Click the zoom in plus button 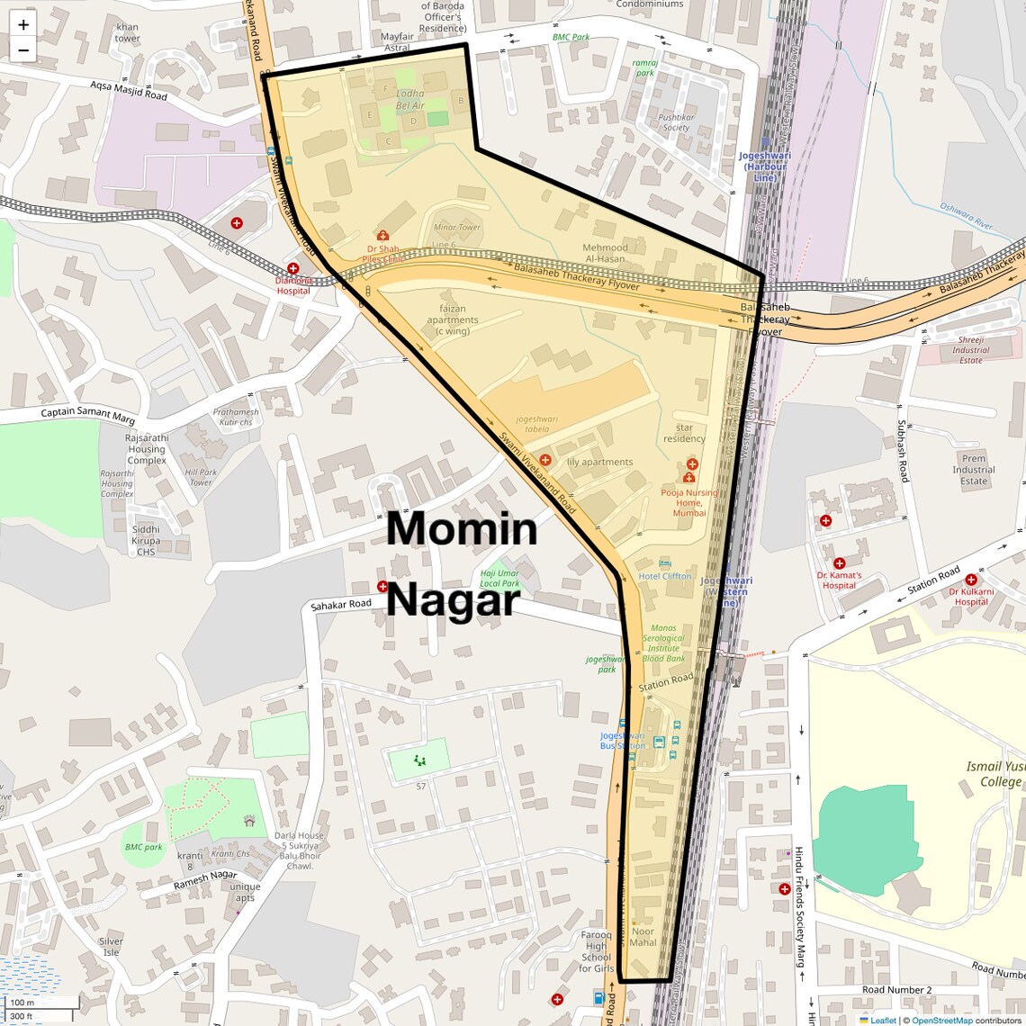(23, 25)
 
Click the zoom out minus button (23, 50)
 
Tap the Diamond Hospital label (293, 285)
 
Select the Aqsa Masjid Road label (128, 90)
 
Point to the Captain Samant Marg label (87, 416)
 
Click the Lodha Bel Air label (409, 99)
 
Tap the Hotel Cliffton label (664, 576)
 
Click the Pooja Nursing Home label (688, 502)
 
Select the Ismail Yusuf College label (995, 774)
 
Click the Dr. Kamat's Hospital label (839, 580)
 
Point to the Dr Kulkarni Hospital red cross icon (970, 580)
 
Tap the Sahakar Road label (341, 605)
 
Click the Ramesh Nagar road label (205, 879)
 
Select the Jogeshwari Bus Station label (623, 741)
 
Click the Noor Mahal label (643, 937)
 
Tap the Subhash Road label (902, 451)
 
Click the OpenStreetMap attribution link (941, 1020)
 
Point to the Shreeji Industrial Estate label (970, 350)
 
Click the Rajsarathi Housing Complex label (147, 449)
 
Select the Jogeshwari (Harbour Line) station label (764, 166)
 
